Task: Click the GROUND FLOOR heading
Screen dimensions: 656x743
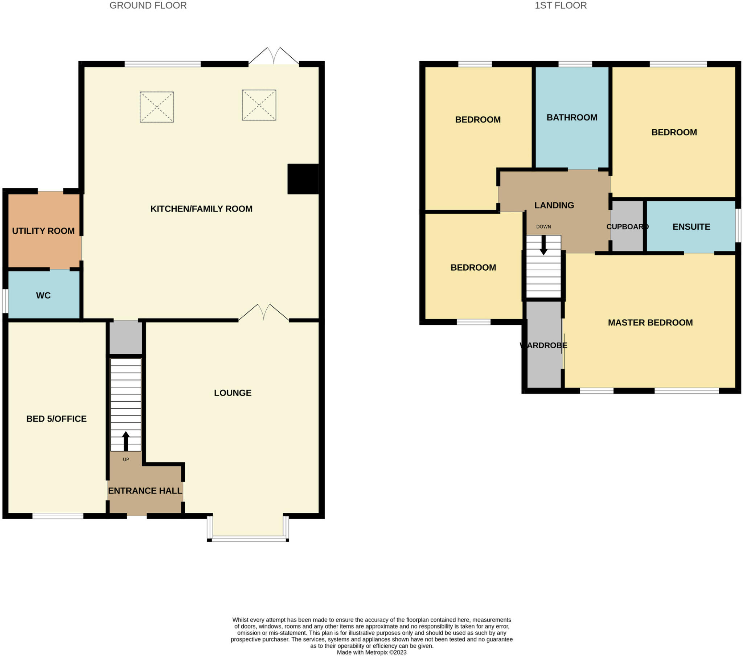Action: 148,5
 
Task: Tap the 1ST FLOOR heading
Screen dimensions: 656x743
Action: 561,5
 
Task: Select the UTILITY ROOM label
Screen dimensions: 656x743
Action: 43,231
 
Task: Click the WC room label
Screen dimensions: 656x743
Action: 43,295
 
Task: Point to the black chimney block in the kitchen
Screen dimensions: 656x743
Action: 303,179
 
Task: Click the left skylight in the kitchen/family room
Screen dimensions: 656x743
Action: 157,107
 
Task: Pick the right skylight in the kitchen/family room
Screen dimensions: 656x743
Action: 259,105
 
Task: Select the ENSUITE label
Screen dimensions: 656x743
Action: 691,227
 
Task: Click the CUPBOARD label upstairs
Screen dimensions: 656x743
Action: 627,227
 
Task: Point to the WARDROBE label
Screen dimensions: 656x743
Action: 543,345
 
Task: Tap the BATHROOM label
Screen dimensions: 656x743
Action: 572,118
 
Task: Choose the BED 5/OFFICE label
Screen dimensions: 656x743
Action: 56,419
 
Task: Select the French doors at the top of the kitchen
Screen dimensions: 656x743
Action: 273,56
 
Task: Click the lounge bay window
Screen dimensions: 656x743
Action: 248,539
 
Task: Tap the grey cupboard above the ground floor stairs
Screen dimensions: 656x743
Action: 126,337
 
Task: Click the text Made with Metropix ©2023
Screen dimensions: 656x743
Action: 371,652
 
